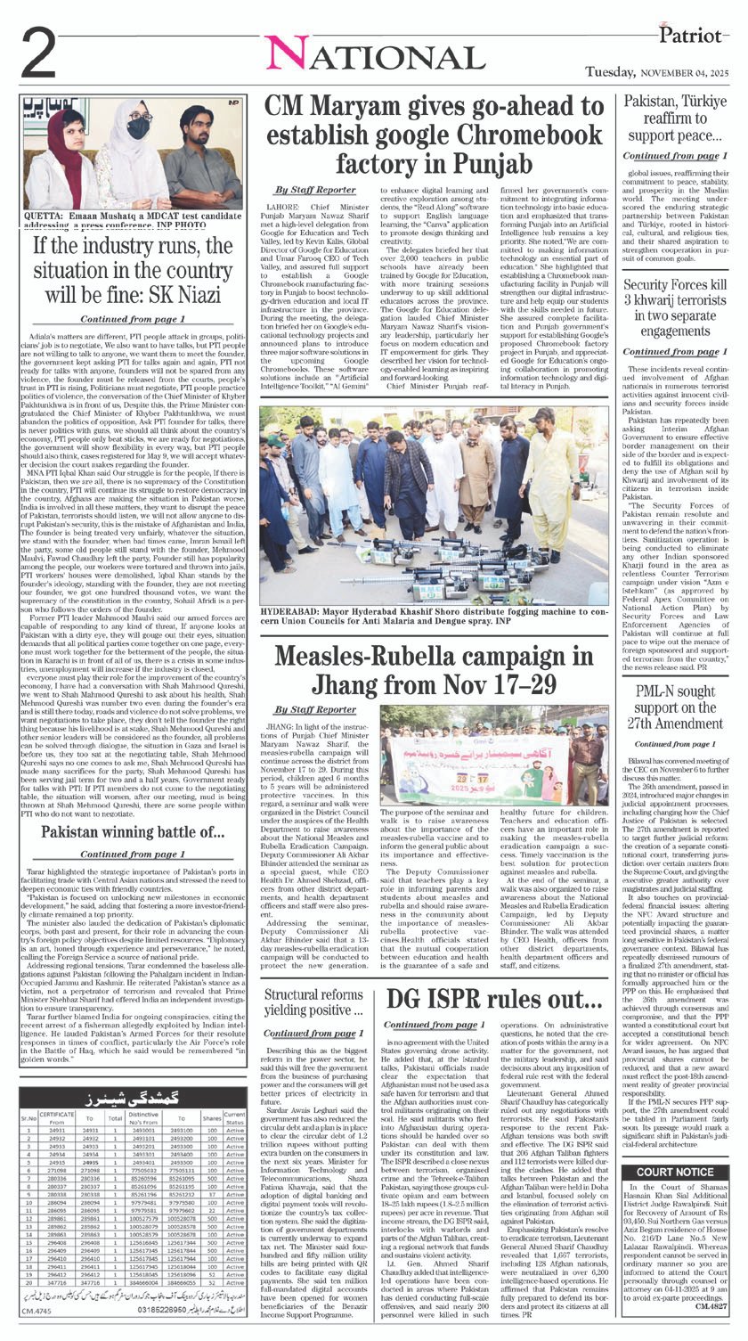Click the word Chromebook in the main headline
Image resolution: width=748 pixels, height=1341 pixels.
click(x=501, y=135)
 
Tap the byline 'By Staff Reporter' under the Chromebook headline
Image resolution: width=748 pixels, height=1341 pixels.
click(x=314, y=191)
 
